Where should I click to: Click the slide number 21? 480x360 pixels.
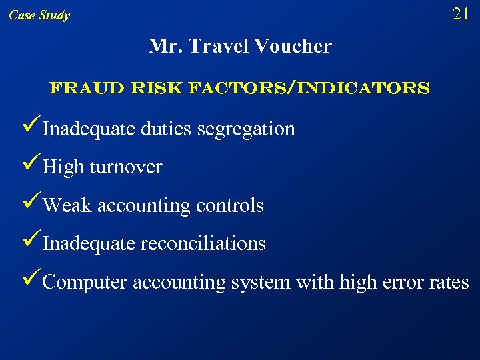click(461, 14)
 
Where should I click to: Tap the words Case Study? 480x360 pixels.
click(39, 15)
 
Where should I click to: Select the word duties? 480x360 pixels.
click(167, 128)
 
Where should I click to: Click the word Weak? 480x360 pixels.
click(67, 205)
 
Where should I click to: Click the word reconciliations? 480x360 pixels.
click(203, 243)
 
